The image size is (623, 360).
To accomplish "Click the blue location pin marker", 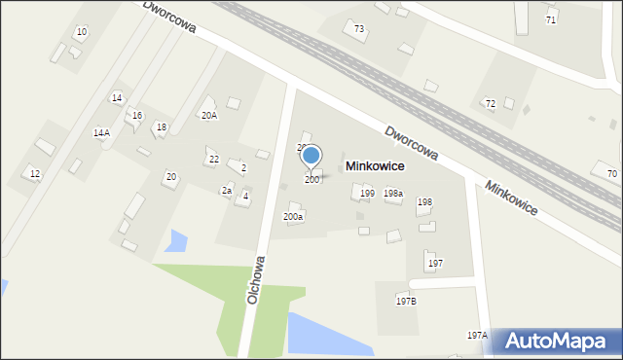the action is pyautogui.click(x=311, y=156).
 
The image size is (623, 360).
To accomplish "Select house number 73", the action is pyautogui.click(x=359, y=29).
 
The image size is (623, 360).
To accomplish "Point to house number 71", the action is pyautogui.click(x=551, y=19).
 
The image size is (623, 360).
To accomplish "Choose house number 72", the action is pyautogui.click(x=491, y=103).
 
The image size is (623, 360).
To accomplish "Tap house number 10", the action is pyautogui.click(x=82, y=32).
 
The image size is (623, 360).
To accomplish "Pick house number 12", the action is pyautogui.click(x=35, y=173).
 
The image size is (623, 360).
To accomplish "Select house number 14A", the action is pyautogui.click(x=101, y=132).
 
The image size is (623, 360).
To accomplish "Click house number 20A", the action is pyautogui.click(x=209, y=115).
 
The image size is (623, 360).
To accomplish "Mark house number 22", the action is pyautogui.click(x=214, y=159).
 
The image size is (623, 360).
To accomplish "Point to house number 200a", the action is pyautogui.click(x=293, y=216).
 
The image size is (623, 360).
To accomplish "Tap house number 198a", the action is pyautogui.click(x=393, y=194).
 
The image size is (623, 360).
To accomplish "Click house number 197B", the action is pyautogui.click(x=406, y=301).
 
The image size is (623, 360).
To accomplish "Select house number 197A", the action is pyautogui.click(x=476, y=335).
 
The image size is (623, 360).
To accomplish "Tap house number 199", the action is pyautogui.click(x=367, y=194).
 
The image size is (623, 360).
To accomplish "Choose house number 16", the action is pyautogui.click(x=137, y=116).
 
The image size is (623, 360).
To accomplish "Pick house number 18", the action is pyautogui.click(x=162, y=127).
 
